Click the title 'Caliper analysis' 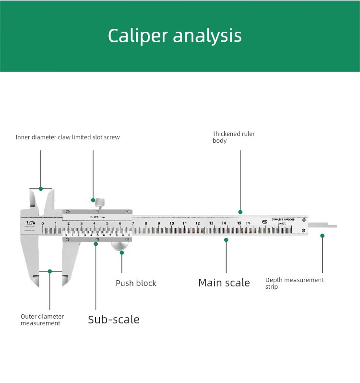[175, 36]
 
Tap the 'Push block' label [136, 283]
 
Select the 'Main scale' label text [224, 283]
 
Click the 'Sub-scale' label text [114, 320]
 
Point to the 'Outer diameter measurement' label [42, 320]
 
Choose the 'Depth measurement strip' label [295, 283]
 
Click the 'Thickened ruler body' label [234, 137]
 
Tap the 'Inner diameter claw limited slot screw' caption [68, 137]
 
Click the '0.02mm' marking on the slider [97, 217]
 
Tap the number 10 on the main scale [172, 223]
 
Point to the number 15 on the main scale [239, 223]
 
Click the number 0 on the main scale [43, 223]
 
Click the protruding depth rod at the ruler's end [323, 225]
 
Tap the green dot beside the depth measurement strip [323, 235]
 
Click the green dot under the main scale [226, 239]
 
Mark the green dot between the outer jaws [50, 272]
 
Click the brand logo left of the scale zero [31, 222]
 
